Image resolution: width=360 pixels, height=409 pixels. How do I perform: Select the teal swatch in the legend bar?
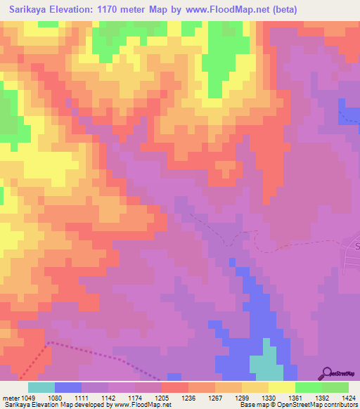point(41,387)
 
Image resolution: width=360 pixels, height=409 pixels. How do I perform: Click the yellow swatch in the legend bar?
point(282,387)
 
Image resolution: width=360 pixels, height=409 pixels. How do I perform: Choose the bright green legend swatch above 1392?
point(309,387)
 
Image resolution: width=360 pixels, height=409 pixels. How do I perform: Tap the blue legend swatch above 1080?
point(68,387)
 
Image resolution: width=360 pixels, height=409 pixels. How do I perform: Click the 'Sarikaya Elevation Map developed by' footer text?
point(56,405)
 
